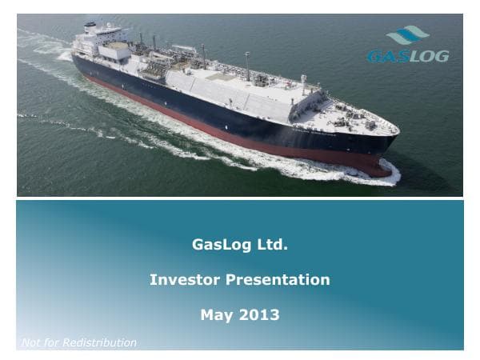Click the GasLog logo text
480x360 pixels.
(407, 56)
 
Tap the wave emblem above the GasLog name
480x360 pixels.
(407, 35)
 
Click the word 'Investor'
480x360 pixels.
(185, 280)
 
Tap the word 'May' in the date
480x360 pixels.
(216, 315)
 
